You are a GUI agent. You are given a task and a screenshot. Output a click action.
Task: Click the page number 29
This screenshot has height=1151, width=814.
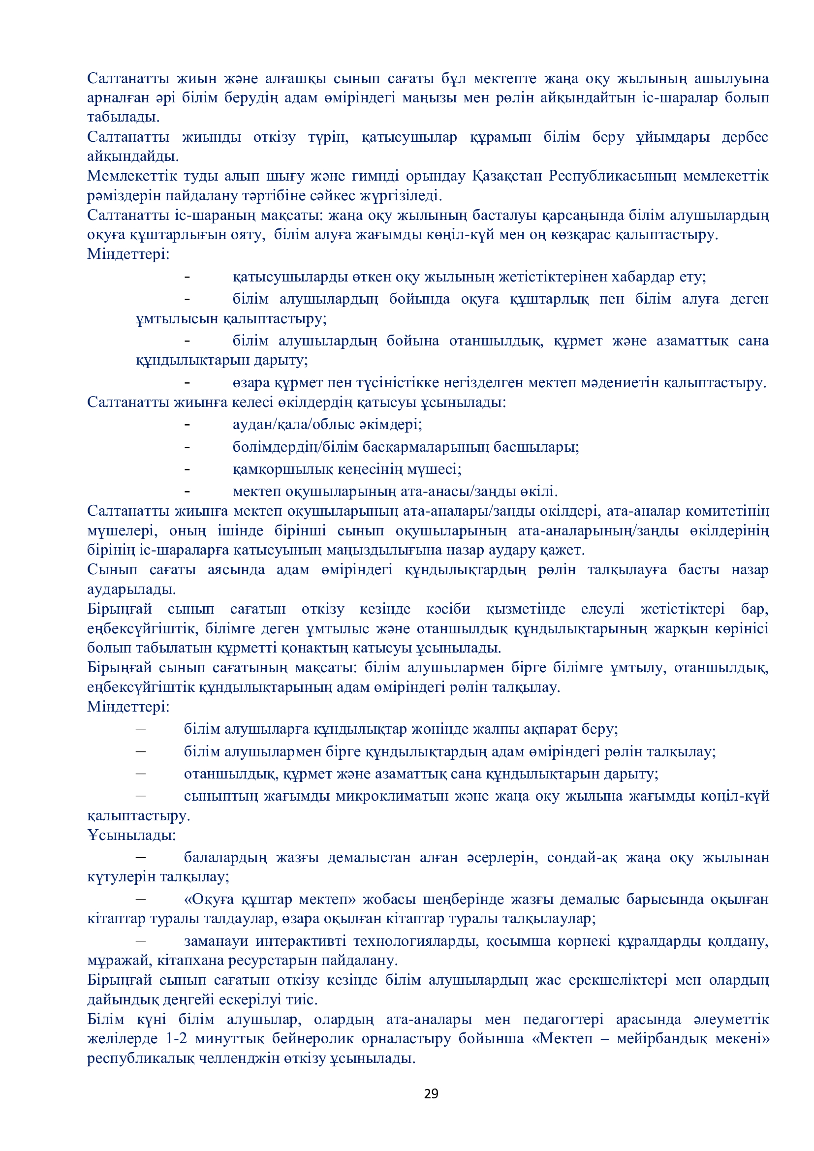coord(431,1093)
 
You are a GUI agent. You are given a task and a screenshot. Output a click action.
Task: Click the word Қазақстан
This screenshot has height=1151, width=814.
coord(507,176)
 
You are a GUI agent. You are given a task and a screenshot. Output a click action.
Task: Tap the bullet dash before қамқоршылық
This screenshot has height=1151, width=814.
coord(188,469)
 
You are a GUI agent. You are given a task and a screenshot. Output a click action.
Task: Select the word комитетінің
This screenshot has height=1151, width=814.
coord(727,511)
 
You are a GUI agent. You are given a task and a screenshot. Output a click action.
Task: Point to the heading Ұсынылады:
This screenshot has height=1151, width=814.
coord(131,835)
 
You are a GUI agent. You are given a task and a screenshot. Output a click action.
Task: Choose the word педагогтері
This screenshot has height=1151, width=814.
coord(564,1019)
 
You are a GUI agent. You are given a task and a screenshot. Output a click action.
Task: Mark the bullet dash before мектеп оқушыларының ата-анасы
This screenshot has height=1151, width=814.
coord(188,491)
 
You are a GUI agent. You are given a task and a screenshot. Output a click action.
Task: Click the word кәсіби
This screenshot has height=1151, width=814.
coord(448,609)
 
